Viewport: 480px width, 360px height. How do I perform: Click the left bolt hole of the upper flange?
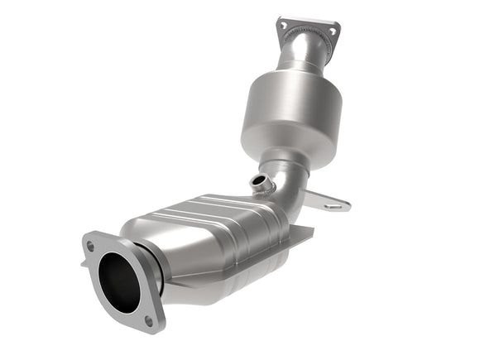tap(285, 26)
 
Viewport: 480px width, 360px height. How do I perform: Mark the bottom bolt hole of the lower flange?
tap(149, 319)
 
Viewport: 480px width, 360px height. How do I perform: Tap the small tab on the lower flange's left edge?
tap(84, 263)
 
